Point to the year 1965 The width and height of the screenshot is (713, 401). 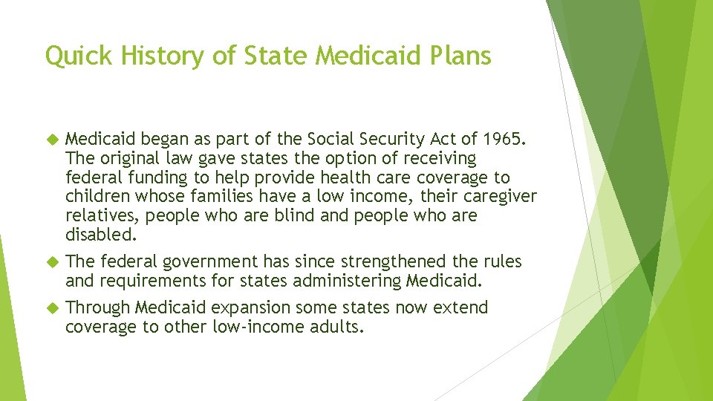pos(502,139)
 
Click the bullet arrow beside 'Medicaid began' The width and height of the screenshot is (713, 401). pos(51,140)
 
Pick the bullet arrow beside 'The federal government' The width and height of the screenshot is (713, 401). pos(51,262)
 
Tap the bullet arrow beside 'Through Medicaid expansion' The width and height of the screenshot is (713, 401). pos(51,308)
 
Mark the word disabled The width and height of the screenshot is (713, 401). pos(100,235)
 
